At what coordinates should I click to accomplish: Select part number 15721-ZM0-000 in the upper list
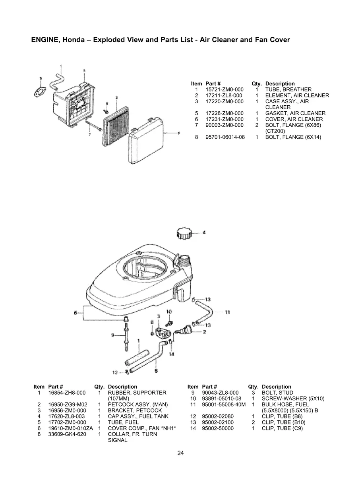225,90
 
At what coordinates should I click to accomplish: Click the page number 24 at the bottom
180,453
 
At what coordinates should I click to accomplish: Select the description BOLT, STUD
277,393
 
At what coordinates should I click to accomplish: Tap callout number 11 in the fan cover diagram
228,312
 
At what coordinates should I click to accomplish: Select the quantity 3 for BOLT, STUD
253,393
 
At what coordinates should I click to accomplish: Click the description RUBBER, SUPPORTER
137,393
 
